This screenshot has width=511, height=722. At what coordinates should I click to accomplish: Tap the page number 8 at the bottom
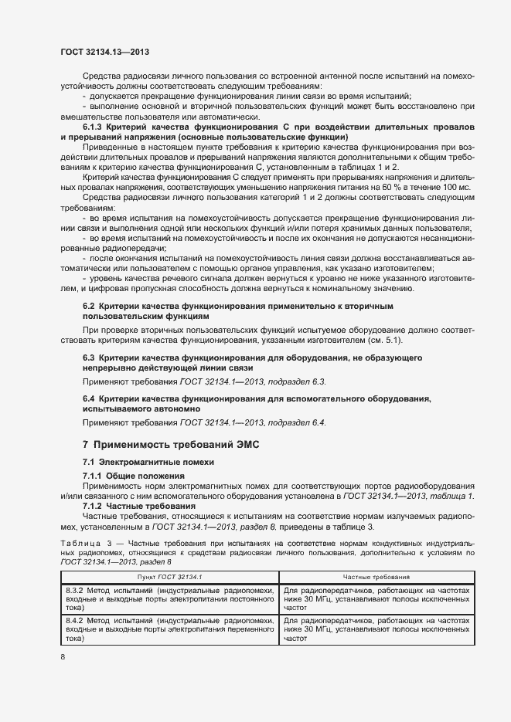click(63, 656)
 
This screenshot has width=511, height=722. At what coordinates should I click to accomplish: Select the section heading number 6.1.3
click(94, 127)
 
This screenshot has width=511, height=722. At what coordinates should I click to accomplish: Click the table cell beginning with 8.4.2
click(169, 630)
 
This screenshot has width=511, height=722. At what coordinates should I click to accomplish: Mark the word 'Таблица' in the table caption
click(77, 544)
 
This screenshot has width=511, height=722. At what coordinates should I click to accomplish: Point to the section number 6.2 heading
click(88, 307)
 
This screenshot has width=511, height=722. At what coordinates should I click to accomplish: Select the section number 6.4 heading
click(88, 398)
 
